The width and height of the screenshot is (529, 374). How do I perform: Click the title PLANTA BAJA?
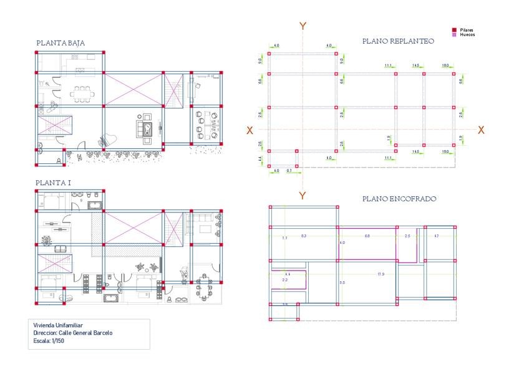click(x=61, y=43)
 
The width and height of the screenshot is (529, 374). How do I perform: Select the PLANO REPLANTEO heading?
click(x=398, y=41)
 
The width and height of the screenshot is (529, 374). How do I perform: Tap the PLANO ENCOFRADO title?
click(x=399, y=199)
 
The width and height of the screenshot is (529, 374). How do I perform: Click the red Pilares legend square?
click(x=454, y=29)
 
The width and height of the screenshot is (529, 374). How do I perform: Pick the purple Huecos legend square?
click(x=454, y=34)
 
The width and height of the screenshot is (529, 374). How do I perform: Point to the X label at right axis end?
click(x=481, y=130)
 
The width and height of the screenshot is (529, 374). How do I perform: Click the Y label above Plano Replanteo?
click(x=303, y=26)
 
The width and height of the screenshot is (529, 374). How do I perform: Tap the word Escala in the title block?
click(x=42, y=340)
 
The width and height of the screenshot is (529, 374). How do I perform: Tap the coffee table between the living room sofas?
click(x=148, y=128)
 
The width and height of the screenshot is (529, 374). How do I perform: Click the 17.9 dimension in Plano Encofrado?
click(x=381, y=274)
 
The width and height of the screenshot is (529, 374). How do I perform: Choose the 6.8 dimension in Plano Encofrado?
click(x=367, y=236)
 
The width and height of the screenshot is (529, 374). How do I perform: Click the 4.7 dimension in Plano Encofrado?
click(x=437, y=236)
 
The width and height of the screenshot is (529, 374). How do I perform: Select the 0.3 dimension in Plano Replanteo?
click(x=289, y=170)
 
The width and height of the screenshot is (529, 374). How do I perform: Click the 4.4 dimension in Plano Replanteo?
click(x=260, y=159)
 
